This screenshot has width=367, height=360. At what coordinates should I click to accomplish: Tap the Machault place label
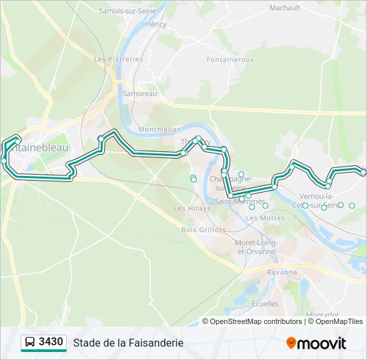[285, 8]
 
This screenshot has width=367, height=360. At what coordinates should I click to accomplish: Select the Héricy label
[155, 24]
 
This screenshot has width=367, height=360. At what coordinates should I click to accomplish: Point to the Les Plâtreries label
[118, 59]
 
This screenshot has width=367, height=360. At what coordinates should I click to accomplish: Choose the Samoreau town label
[139, 94]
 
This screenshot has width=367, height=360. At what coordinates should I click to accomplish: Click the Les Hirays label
[192, 208]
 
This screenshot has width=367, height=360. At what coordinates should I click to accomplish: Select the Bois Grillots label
[204, 229]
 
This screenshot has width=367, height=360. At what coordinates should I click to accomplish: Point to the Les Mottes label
[265, 217]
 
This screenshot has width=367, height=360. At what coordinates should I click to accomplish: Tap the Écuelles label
[266, 303]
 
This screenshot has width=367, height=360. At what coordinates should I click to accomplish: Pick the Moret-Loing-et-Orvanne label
[256, 247]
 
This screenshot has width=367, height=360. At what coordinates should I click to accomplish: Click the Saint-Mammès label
[240, 201]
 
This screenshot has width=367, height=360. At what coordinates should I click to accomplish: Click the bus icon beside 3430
[29, 343]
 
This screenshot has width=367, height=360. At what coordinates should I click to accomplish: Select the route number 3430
[51, 343]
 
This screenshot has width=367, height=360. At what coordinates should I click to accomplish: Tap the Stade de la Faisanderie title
[128, 343]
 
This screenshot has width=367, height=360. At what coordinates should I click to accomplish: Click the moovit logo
[316, 343]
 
